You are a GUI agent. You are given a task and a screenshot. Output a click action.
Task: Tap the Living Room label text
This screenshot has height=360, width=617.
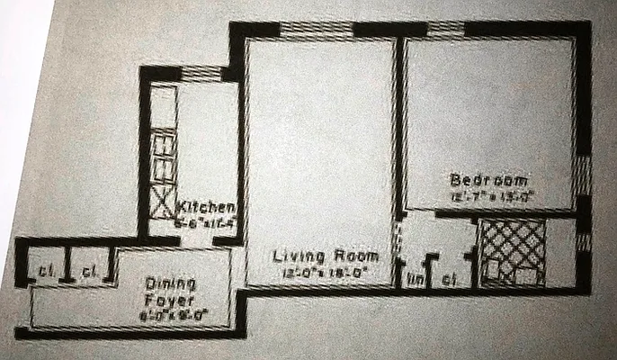318,256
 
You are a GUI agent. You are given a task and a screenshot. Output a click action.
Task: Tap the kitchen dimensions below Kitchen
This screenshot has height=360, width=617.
206,219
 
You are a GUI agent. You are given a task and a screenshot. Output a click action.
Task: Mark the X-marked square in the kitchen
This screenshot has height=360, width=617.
163,201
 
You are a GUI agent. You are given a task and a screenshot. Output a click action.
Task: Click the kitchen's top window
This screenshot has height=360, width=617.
200,72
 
